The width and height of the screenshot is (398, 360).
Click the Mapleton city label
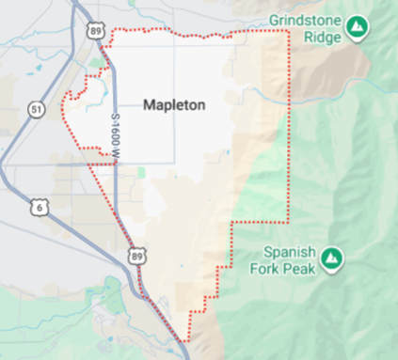point(174,105)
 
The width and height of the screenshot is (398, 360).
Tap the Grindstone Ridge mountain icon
point(357,28)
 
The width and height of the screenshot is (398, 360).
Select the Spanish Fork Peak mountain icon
point(330,257)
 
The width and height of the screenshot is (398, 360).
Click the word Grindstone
point(304,19)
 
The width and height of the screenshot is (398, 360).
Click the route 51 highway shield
point(37,110)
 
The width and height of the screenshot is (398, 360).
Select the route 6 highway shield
point(37,204)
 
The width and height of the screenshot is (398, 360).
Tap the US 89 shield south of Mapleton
point(137,256)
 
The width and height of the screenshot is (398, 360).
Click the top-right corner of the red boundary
point(286,31)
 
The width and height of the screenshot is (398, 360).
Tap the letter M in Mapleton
point(149,105)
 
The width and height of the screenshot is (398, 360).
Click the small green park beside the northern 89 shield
point(98,64)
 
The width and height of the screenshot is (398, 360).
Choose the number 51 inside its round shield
point(37,110)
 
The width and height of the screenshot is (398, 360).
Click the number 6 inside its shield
point(37,204)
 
